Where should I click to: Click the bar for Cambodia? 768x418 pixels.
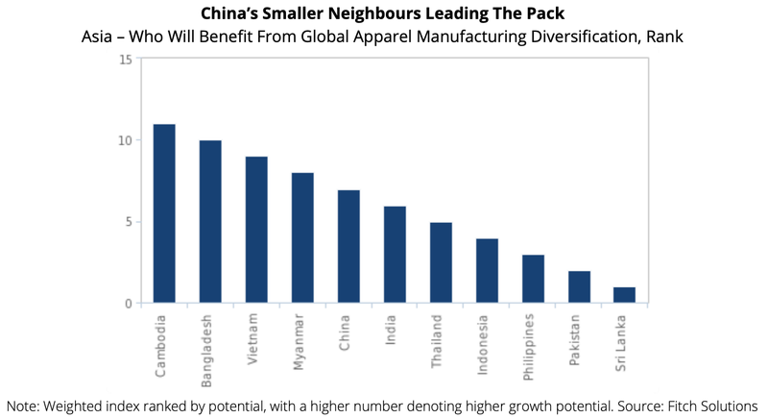coord(164,214)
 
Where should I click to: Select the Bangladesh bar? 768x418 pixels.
coord(210,222)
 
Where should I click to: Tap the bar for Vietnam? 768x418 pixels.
coord(256,231)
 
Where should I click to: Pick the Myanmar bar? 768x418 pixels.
coord(302,238)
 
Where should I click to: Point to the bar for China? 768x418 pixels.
coord(348,247)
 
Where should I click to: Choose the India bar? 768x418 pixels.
coord(395,255)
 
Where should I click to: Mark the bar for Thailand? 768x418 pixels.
coord(441,263)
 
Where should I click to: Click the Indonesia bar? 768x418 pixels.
coord(487,271)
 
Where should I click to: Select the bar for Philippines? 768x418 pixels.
coord(533,280)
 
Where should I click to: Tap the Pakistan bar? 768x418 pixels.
coord(579,287)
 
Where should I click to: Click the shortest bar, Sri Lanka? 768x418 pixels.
coord(625,295)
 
